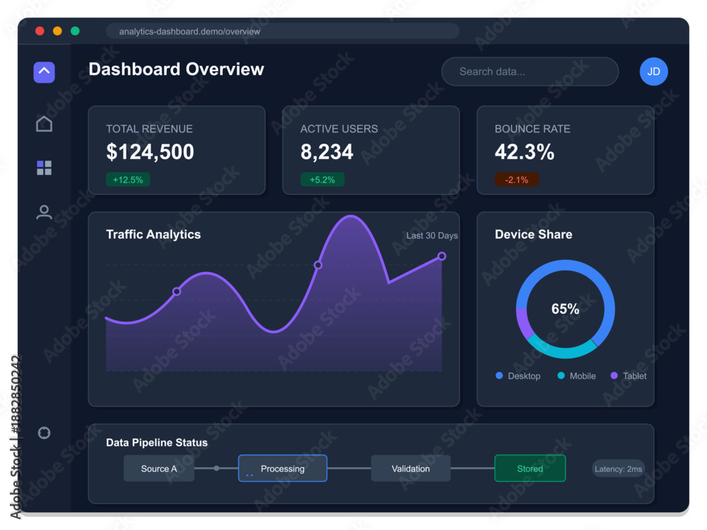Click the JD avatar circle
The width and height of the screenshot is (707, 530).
653,71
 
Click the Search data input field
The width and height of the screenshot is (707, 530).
530,71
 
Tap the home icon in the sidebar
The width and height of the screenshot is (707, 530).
44,124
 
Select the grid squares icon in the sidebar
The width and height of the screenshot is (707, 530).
44,167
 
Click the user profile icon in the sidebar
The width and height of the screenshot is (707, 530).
44,212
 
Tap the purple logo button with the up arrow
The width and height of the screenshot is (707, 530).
44,72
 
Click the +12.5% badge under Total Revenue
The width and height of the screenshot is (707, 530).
128,179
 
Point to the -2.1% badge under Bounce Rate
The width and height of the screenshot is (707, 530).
517,179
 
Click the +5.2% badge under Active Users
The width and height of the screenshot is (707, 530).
322,179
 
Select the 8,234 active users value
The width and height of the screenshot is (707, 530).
327,152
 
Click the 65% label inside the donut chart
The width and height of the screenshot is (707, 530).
565,309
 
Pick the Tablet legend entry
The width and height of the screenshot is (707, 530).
628,376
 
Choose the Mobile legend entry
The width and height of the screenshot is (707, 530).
576,376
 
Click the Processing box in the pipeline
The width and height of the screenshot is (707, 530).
283,469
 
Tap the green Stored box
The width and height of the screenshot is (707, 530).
530,469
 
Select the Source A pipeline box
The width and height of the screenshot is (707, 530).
158,469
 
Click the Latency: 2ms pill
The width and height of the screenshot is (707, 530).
618,469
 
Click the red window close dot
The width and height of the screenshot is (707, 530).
40,30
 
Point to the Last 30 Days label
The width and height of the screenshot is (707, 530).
432,235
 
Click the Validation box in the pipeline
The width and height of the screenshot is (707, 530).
411,469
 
